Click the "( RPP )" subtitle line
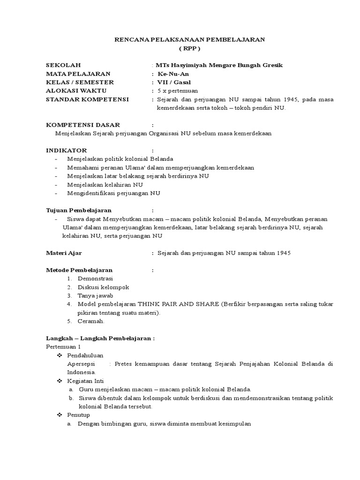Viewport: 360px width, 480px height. click(x=190, y=48)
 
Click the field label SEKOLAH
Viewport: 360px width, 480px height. click(x=63, y=65)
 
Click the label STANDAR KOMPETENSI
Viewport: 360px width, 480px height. click(x=87, y=99)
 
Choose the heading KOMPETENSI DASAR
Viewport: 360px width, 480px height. click(x=83, y=125)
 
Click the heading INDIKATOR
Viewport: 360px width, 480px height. click(x=66, y=150)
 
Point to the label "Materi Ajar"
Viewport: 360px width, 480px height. click(x=64, y=253)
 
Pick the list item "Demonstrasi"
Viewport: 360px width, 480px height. click(x=96, y=278)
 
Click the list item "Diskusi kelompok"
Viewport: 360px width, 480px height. click(x=103, y=287)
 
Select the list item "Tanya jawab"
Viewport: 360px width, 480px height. click(x=96, y=295)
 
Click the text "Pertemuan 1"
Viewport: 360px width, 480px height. click(x=63, y=346)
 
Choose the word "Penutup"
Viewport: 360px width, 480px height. click(x=79, y=415)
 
